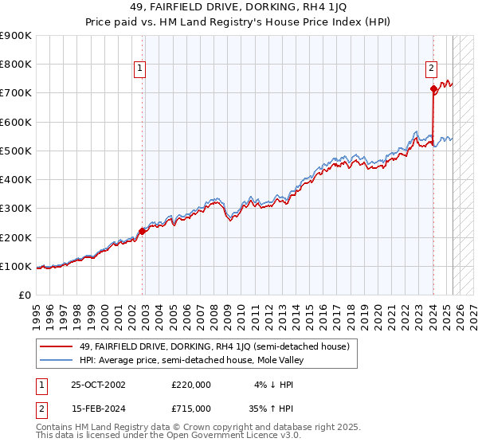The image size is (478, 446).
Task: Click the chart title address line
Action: [238, 8]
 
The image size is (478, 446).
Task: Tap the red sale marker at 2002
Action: [143, 232]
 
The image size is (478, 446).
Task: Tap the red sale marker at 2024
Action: [433, 89]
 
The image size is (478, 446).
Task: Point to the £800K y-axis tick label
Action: [16, 65]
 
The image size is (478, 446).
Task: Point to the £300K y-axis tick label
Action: [16, 209]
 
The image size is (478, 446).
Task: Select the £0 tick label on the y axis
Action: [25, 295]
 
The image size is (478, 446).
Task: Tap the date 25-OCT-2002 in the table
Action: [98, 384]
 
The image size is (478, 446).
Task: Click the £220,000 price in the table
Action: [191, 384]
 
